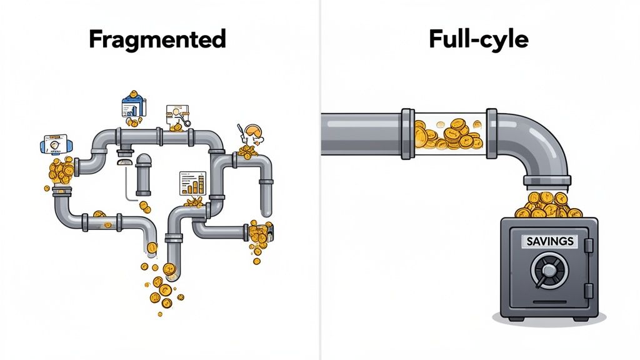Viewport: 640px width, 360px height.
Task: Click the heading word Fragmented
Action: point(157,39)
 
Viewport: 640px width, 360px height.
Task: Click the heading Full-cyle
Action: point(478,39)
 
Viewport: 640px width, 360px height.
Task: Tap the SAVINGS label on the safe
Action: point(550,241)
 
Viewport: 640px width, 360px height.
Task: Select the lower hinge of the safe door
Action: point(588,290)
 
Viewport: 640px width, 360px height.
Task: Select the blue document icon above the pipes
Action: point(132,105)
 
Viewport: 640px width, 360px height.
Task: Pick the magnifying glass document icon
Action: point(177,117)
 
